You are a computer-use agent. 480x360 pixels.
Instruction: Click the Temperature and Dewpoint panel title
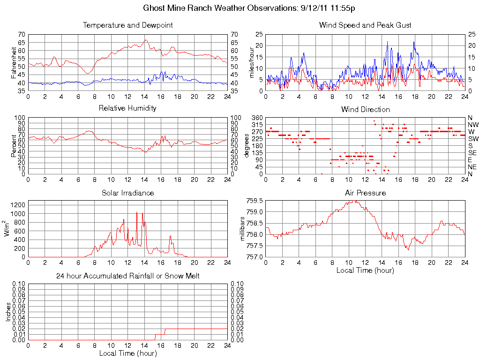pos(127,25)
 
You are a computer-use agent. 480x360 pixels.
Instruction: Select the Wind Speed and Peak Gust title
pos(365,25)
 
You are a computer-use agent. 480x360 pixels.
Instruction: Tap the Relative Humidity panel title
pos(127,108)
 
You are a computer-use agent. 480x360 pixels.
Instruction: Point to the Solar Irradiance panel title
pos(127,193)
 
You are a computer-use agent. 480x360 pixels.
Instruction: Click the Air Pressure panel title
pos(365,193)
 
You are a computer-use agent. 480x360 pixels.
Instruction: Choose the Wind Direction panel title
pos(365,109)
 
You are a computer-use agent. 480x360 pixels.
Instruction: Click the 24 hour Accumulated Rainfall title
pos(127,276)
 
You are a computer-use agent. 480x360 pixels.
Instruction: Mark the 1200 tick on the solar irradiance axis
pos(16,205)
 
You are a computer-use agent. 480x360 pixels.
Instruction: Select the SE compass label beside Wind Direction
pos(472,153)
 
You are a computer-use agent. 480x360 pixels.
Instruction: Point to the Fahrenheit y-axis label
pos(14,62)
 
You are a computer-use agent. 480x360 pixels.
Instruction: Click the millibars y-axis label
pos(243,229)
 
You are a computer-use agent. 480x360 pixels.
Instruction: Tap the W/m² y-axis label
pos(8,228)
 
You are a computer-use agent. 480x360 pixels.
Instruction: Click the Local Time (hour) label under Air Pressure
pos(365,270)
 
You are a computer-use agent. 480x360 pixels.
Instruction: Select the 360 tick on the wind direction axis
pos(256,118)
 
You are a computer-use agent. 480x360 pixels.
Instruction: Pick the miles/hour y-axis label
pos(252,62)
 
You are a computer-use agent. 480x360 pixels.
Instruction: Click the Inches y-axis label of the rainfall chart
pos(8,312)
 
